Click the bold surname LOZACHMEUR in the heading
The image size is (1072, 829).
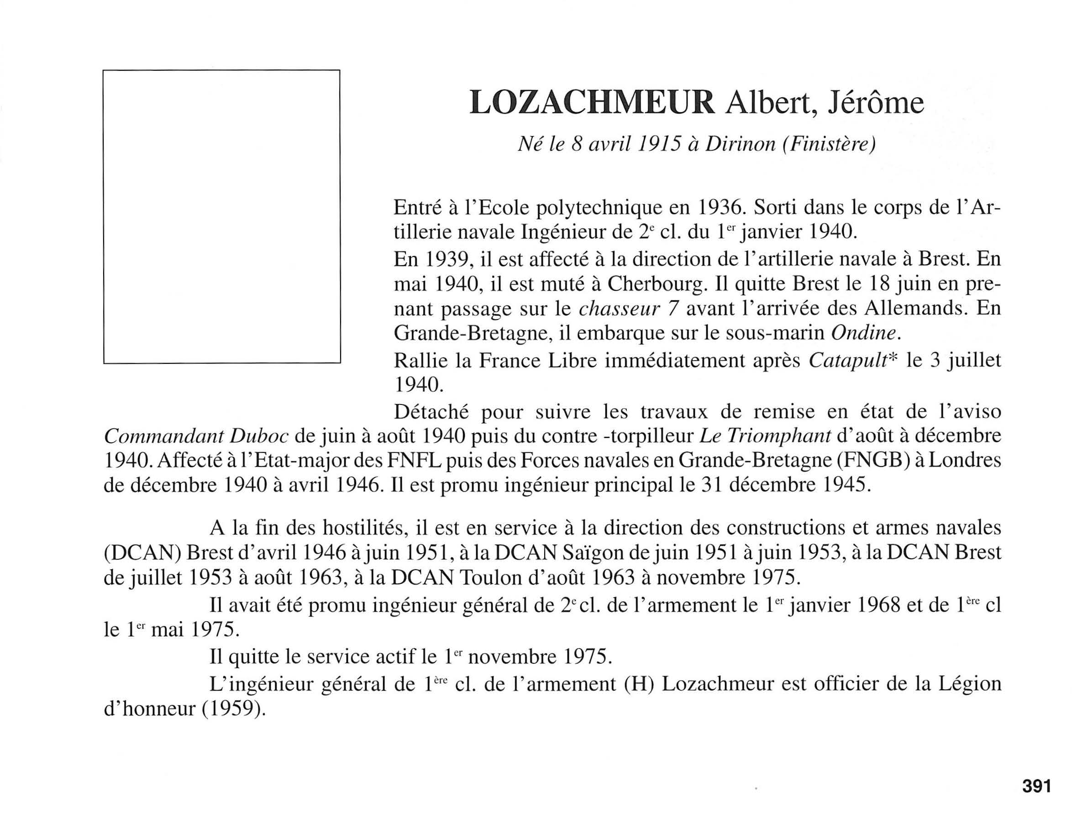pos(592,103)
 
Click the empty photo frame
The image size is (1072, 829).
pos(221,216)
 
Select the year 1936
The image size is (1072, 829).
pos(719,208)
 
